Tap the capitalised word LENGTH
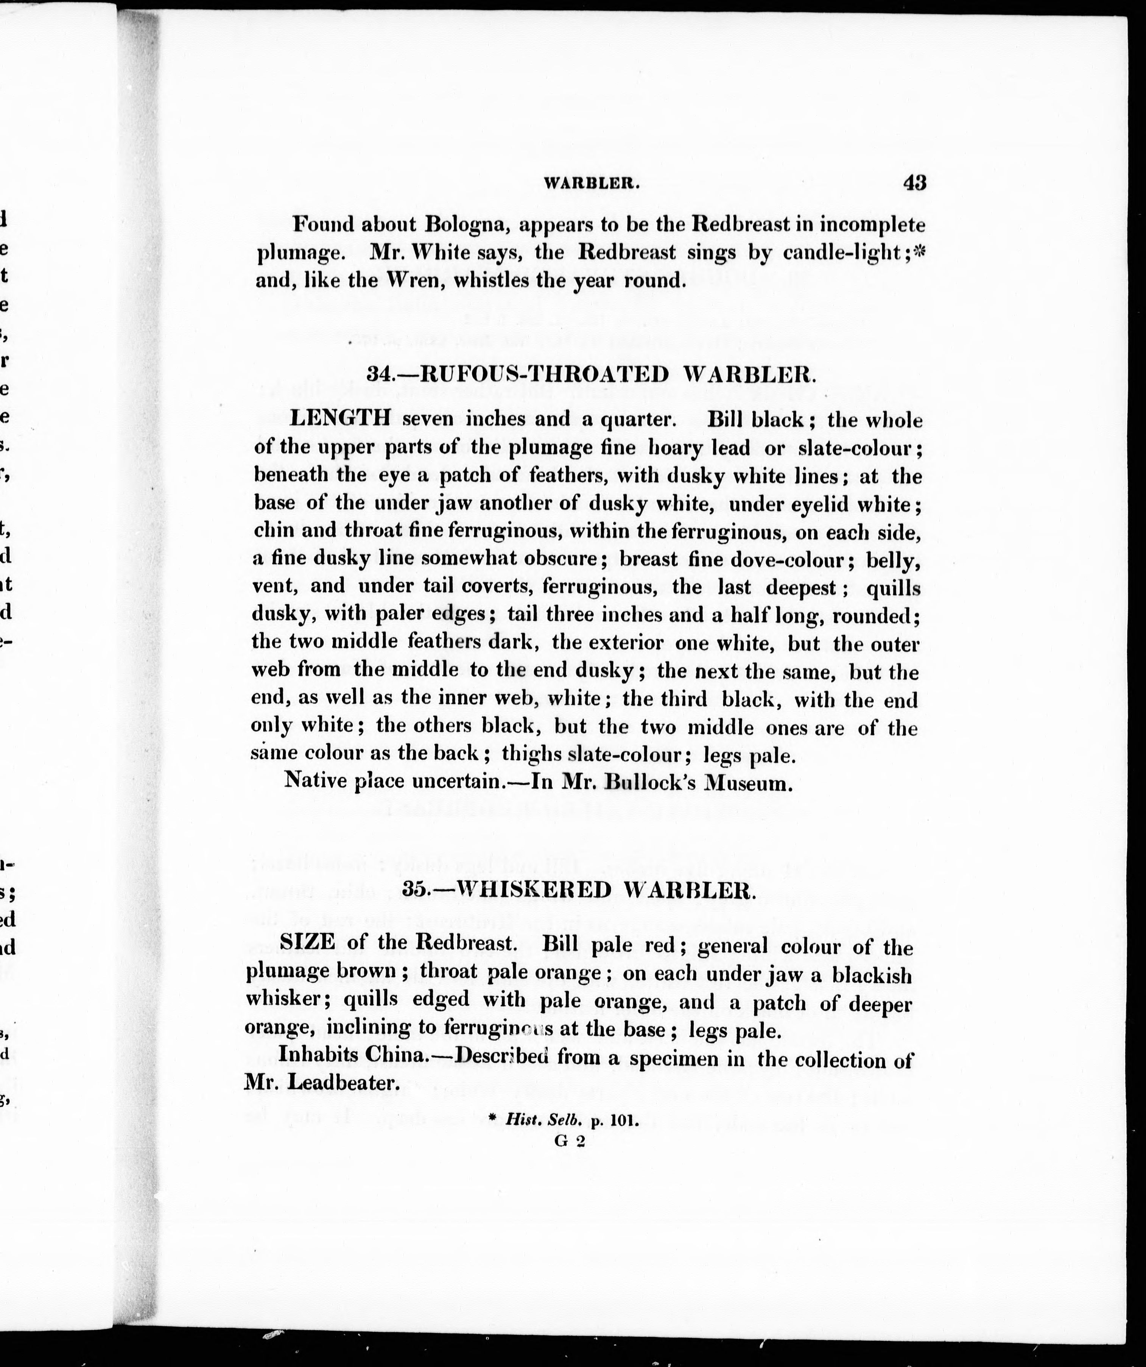click(x=340, y=418)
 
